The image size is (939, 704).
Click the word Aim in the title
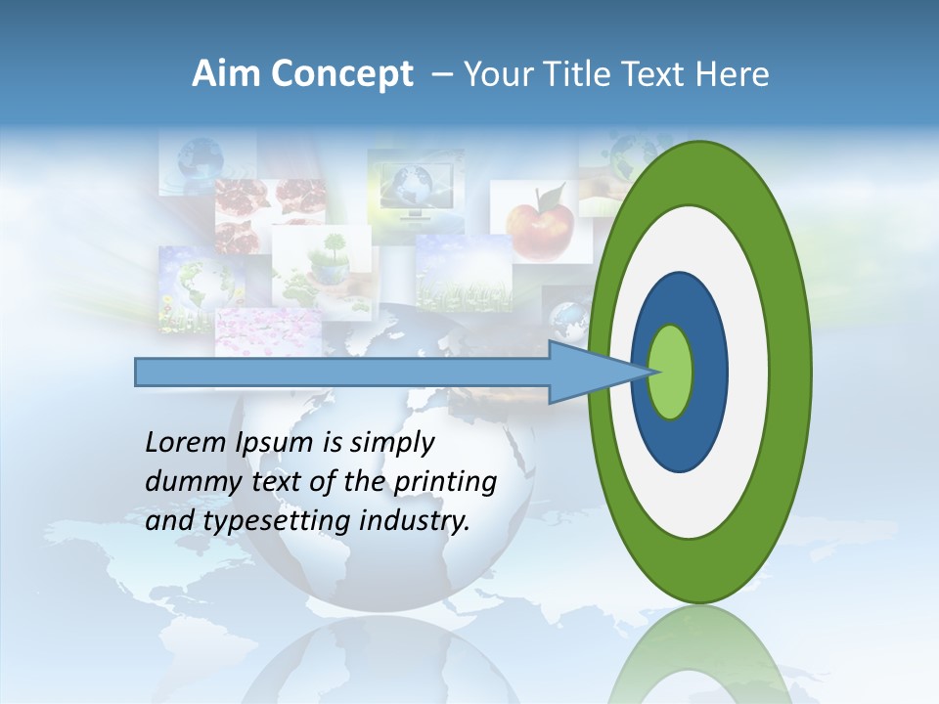225,74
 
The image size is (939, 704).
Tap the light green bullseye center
671,373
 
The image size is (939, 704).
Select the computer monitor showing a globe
413,186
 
